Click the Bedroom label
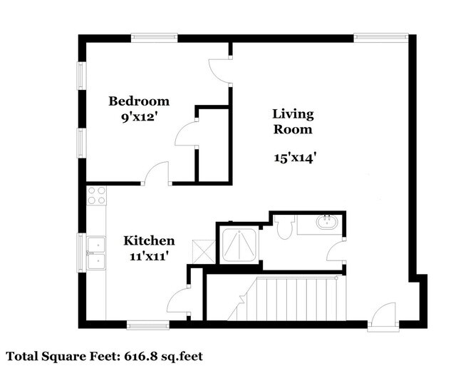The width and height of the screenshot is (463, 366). point(139,101)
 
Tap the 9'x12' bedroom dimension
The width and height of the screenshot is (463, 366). point(138,118)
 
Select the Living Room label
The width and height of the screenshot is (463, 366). point(293,121)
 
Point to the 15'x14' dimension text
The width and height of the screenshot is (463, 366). point(296,157)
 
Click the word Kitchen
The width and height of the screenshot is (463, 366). point(149,240)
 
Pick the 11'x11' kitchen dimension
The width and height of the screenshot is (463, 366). point(149,255)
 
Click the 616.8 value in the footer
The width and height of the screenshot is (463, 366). point(141,356)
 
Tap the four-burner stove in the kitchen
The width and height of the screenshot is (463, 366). point(97,195)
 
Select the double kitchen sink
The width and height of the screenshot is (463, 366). point(96,253)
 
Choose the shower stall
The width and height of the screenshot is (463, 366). point(240,245)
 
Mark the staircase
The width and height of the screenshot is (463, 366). point(287,298)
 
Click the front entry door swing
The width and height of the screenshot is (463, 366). point(383,315)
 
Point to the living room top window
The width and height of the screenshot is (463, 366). point(381,37)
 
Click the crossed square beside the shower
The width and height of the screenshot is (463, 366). point(204,252)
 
